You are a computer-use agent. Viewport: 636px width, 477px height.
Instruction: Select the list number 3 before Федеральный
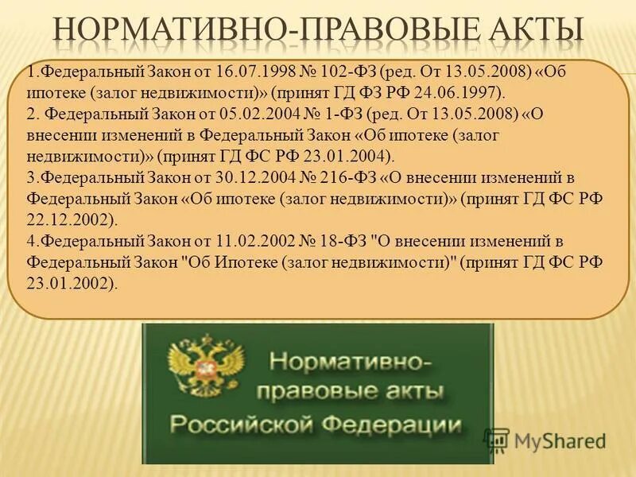[30, 177]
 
